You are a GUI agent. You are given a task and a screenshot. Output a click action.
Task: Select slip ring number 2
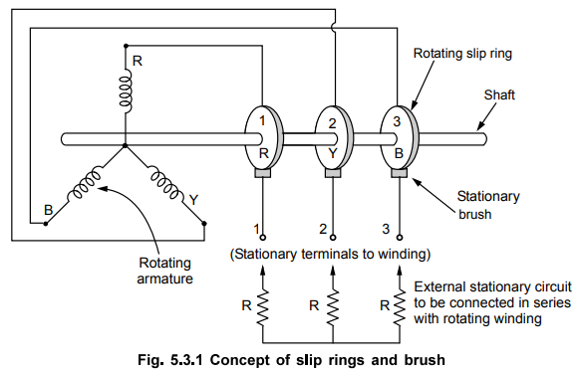tap(331, 137)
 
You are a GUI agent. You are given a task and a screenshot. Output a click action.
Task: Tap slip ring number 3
tap(399, 137)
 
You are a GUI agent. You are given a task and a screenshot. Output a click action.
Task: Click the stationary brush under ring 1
tap(263, 175)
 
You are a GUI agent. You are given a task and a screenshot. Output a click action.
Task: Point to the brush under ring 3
tap(399, 175)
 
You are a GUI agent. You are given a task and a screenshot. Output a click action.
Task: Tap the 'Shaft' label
tap(500, 95)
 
